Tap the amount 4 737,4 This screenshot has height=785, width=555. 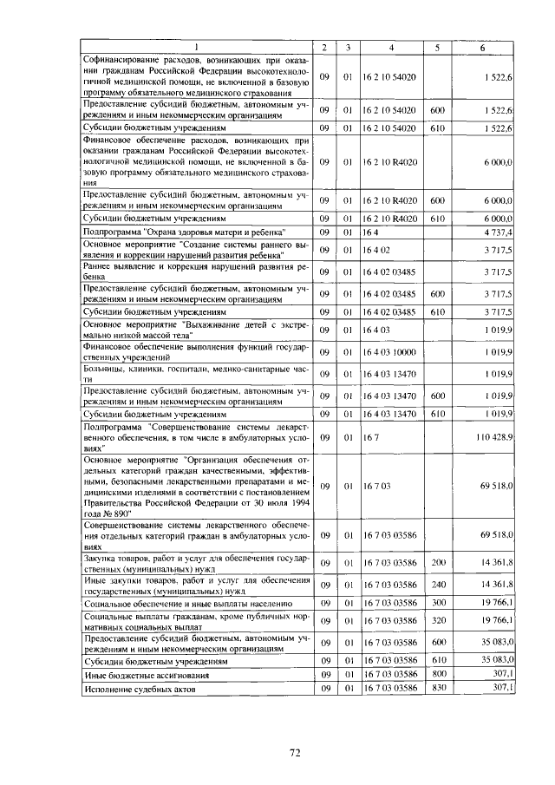(x=499, y=232)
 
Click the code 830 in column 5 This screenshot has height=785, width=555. (x=437, y=688)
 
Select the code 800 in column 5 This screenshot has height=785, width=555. (x=437, y=673)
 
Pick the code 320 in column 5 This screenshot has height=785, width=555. (x=437, y=620)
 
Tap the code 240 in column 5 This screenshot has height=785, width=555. (x=437, y=584)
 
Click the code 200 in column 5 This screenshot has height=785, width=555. (x=437, y=564)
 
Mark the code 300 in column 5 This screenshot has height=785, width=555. (x=437, y=602)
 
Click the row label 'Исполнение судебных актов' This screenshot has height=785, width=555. (x=140, y=689)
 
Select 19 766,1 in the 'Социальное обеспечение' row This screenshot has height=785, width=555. (x=499, y=602)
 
